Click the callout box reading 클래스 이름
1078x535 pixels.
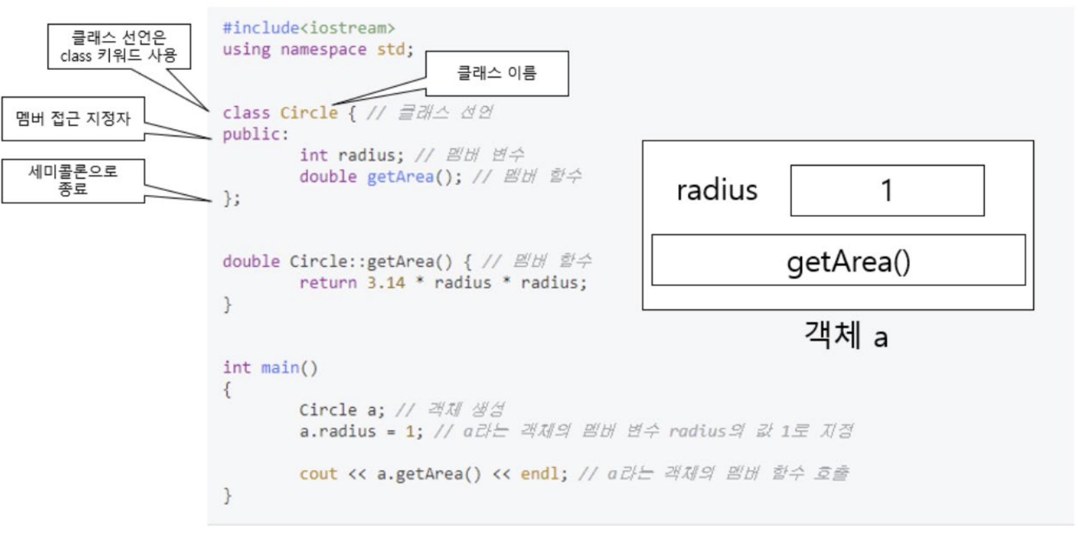coord(497,73)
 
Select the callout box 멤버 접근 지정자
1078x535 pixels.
coord(73,119)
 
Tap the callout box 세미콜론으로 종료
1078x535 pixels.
coord(73,181)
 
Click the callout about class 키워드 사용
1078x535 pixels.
coord(119,46)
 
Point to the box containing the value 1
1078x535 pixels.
coord(887,191)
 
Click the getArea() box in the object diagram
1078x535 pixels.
coord(838,260)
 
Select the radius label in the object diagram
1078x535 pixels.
coord(717,191)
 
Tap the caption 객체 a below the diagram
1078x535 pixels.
coord(846,335)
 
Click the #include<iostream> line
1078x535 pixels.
coord(309,28)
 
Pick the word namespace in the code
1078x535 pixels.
coord(323,50)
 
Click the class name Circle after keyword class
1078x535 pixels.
coord(308,113)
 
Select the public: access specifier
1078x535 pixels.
coord(255,134)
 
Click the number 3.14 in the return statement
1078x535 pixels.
coord(386,283)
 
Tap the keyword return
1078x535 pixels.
coord(327,283)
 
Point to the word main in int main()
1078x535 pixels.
coord(280,368)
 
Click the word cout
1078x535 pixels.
coord(318,474)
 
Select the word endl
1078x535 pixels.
coord(539,474)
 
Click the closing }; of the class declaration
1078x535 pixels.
coord(232,198)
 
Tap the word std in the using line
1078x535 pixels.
coord(391,50)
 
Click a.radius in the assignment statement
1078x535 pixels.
coord(337,432)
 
